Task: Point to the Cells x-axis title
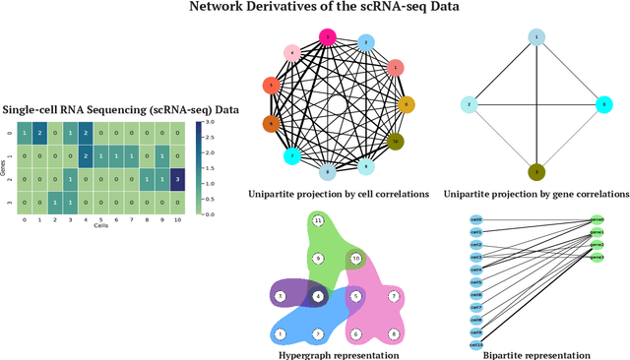pyautogui.click(x=101, y=224)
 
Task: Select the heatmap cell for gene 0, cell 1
pyautogui.click(x=39, y=132)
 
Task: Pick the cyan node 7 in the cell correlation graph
pyautogui.click(x=291, y=155)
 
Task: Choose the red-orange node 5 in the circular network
pyautogui.click(x=273, y=87)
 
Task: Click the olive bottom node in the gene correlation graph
pyautogui.click(x=537, y=171)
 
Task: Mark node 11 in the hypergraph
pyautogui.click(x=318, y=222)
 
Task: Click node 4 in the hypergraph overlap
pyautogui.click(x=318, y=295)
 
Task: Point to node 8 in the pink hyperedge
pyautogui.click(x=393, y=334)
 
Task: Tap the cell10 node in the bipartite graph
pyautogui.click(x=476, y=344)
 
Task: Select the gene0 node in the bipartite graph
pyautogui.click(x=598, y=218)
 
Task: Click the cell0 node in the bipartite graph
pyautogui.click(x=476, y=219)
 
